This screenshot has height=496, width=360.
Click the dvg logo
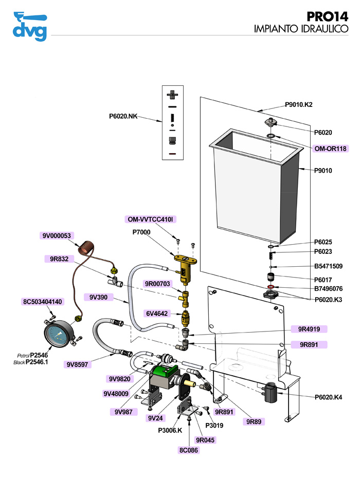(29, 26)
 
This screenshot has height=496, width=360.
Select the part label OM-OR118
(331, 149)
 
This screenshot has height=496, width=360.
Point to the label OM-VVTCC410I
(151, 219)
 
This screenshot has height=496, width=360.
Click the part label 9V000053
(58, 236)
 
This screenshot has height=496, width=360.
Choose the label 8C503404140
(43, 302)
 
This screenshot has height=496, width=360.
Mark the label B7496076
(332, 289)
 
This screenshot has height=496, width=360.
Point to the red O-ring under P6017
(271, 286)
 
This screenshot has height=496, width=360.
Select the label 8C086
(188, 450)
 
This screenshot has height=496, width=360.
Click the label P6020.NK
(124, 117)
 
